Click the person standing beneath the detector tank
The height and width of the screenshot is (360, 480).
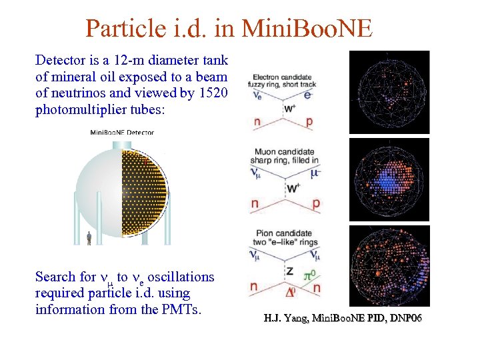tap(89, 237)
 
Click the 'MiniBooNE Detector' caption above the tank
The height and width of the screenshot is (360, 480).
tap(122, 132)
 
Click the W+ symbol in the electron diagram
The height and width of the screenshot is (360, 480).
tap(291, 107)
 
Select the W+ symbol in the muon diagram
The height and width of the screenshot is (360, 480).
tap(292, 188)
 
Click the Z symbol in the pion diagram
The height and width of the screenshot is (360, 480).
tap(289, 271)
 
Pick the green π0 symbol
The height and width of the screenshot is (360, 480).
tap(309, 273)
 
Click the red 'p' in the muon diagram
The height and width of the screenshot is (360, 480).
tap(315, 203)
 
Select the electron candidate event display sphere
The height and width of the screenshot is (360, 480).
tap(390, 91)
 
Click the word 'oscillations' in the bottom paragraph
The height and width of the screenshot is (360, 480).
tap(182, 277)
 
